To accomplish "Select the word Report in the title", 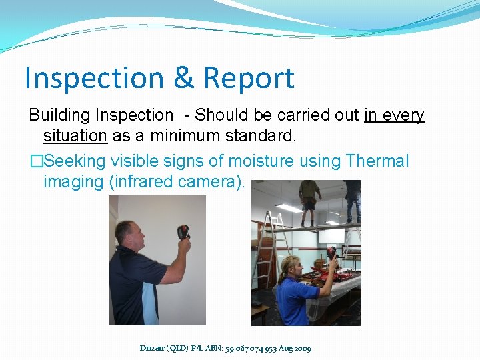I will pyautogui.click(x=248, y=78).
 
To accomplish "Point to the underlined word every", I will pyautogui.click(x=404, y=115).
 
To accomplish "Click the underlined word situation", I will pyautogui.click(x=75, y=137).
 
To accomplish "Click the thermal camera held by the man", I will pyautogui.click(x=183, y=233).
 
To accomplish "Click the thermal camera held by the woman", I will pyautogui.click(x=331, y=254).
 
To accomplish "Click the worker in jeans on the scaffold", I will pyautogui.click(x=353, y=200).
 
